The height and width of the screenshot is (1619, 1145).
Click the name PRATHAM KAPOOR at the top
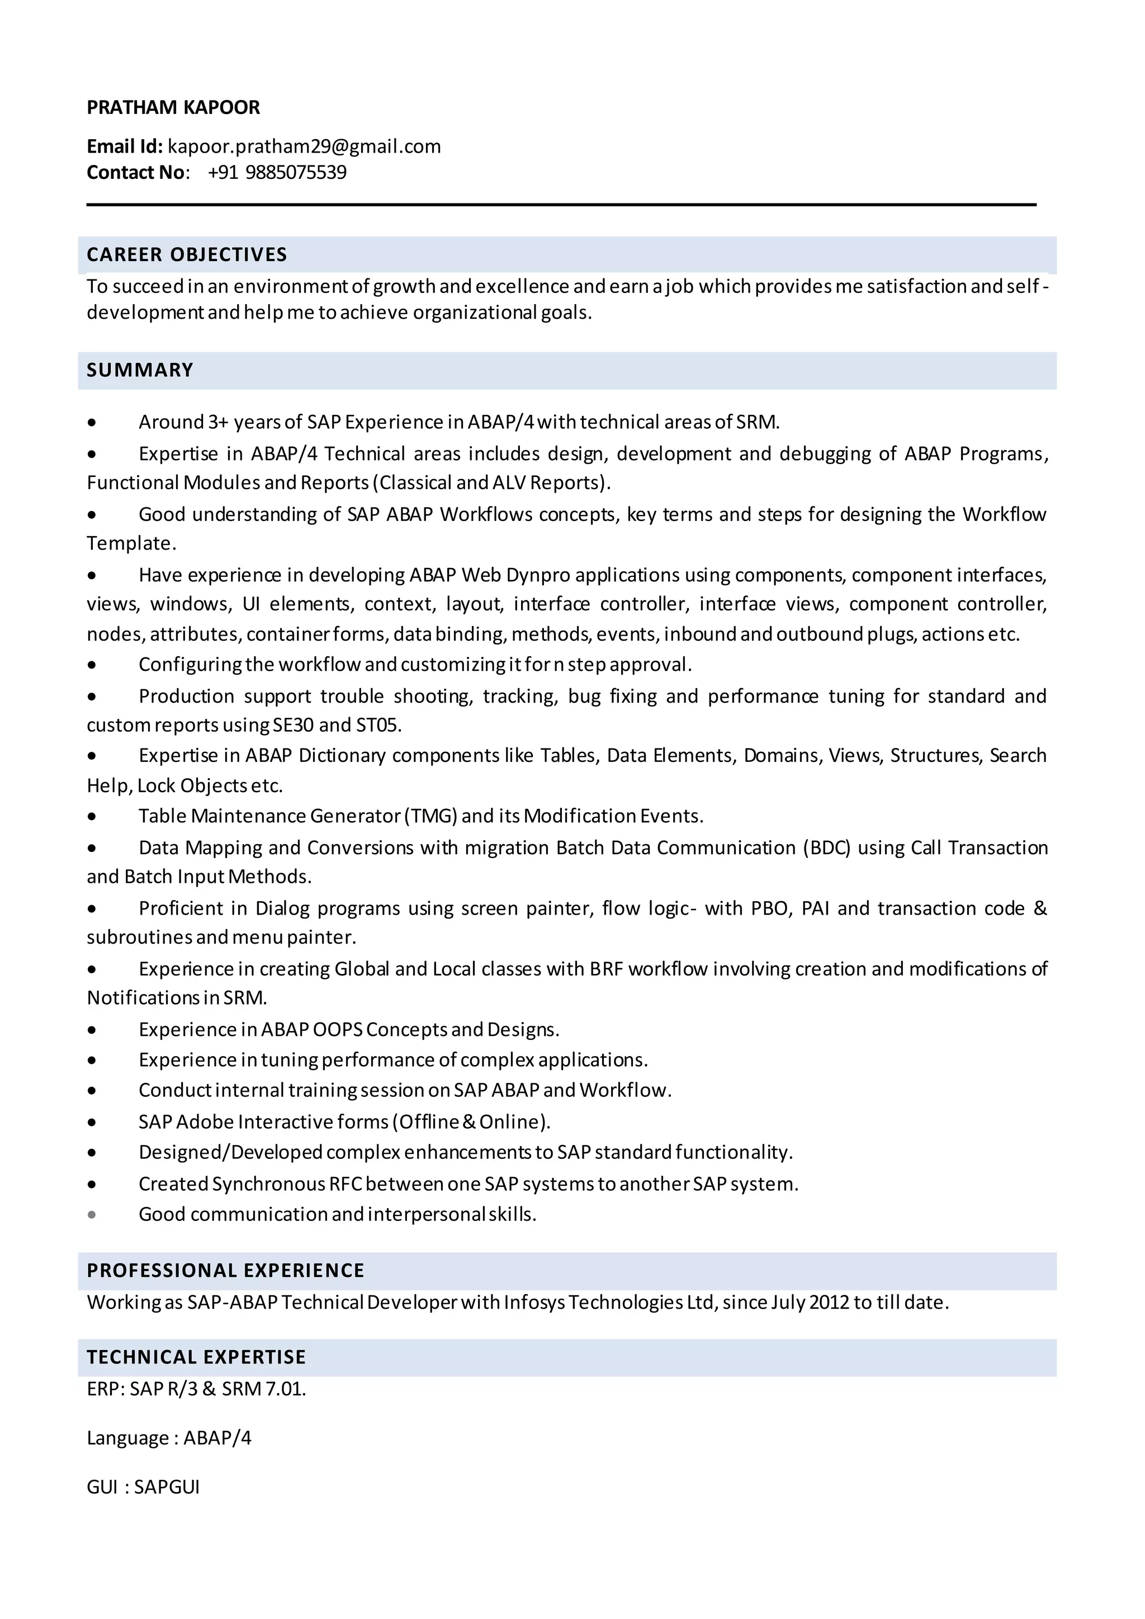[x=173, y=107]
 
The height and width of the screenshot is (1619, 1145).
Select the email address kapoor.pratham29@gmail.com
[x=304, y=146]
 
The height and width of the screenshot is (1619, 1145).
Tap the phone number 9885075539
[x=296, y=173]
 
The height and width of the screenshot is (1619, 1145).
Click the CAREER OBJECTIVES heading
[x=187, y=254]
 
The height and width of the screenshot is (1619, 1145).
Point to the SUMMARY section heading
[x=140, y=370]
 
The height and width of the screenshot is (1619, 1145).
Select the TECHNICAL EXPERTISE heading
[x=196, y=1357]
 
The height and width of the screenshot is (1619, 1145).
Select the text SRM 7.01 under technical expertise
[x=264, y=1389]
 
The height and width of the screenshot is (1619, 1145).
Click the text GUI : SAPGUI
[x=143, y=1487]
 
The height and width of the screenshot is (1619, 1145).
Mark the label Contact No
[x=136, y=173]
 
